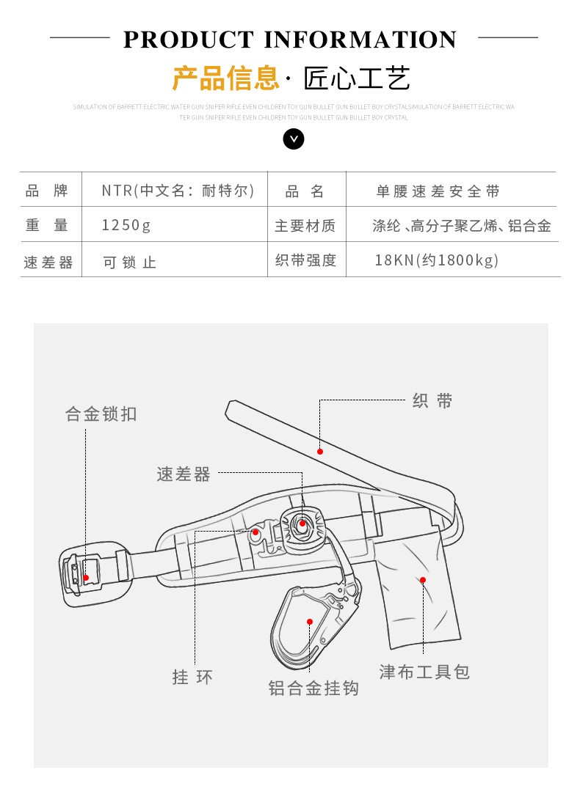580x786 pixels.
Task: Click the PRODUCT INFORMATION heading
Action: coord(290,39)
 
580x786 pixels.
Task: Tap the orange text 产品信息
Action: coord(226,78)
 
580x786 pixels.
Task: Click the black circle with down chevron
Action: coord(294,139)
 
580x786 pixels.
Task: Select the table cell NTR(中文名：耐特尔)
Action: coord(178,191)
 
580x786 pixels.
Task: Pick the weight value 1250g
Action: coord(126,225)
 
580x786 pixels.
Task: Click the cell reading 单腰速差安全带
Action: coord(438,191)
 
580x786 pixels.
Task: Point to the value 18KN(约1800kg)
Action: coord(436,260)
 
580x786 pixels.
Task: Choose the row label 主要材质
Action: coord(305,226)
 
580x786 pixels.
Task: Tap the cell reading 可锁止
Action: coord(130,262)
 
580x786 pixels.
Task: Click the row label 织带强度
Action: coord(305,260)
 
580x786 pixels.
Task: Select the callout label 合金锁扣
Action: coord(101,414)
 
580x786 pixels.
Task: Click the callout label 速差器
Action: coord(184,474)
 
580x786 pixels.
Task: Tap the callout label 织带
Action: coord(432,401)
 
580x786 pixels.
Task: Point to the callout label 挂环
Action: coord(193,677)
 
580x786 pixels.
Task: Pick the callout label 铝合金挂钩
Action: coord(313,688)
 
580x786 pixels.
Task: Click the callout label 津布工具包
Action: coord(424,672)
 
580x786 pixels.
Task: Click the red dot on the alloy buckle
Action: coord(86,578)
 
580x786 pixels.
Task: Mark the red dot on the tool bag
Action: coord(423,580)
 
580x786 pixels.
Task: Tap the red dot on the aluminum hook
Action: coord(310,622)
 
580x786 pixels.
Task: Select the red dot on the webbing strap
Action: coord(320,451)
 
